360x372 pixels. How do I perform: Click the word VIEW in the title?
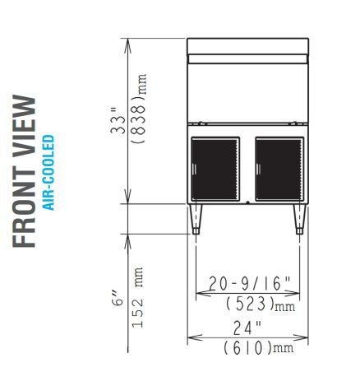[x=24, y=127]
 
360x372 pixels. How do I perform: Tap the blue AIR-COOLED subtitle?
[x=48, y=173]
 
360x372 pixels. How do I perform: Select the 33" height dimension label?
[x=118, y=121]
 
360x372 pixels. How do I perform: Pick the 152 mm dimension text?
[x=137, y=297]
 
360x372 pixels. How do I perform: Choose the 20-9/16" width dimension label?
[x=249, y=283]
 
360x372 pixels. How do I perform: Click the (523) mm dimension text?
[x=261, y=304]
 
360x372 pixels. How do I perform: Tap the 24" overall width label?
[x=247, y=328]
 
